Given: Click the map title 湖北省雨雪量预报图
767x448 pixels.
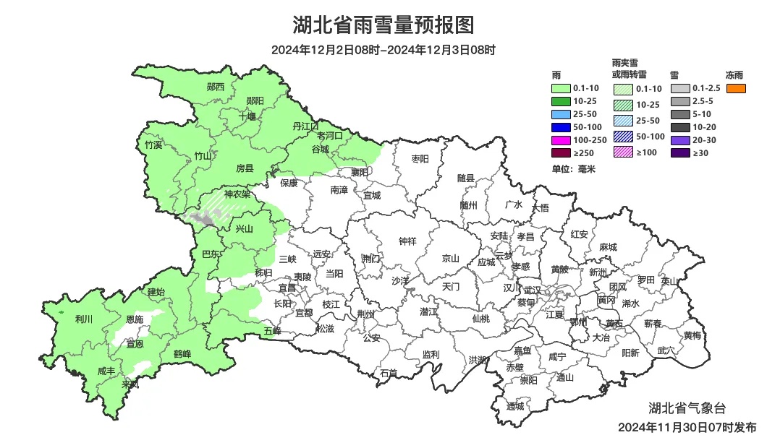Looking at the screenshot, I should (383, 26).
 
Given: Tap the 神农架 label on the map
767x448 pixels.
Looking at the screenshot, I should (237, 194).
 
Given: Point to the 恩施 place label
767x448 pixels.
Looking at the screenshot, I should (135, 319).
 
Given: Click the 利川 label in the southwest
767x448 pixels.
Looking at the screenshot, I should (84, 319).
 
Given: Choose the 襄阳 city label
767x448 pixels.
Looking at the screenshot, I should (360, 172).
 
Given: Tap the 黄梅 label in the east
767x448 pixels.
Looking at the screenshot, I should (692, 335).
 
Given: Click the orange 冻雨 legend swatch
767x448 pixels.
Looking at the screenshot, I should (737, 88).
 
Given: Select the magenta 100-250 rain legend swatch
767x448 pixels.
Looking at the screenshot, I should (561, 139).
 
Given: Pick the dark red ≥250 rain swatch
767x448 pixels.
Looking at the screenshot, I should (561, 152).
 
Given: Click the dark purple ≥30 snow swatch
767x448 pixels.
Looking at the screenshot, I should (680, 152).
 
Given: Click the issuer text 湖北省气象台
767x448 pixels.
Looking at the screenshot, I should (687, 410).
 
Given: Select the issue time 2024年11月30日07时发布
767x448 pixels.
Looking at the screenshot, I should (687, 427).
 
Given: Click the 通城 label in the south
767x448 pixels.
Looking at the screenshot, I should (514, 406).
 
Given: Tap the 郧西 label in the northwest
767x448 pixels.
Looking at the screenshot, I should (216, 87).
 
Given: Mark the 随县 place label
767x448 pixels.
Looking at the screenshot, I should (466, 178).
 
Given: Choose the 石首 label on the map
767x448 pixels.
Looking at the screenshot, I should (389, 374).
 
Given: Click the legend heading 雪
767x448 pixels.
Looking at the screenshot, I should (674, 74).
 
